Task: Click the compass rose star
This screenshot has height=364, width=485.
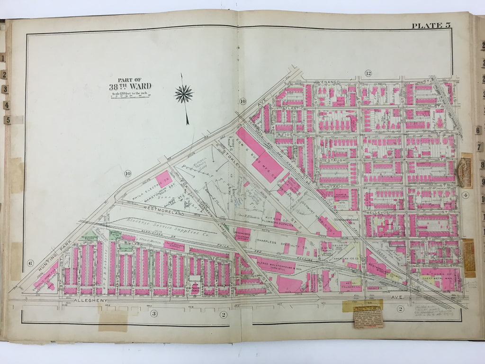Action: (x=183, y=94)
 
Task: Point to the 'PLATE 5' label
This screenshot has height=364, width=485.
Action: (x=431, y=26)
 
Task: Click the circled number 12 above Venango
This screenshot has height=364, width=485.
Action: (x=368, y=73)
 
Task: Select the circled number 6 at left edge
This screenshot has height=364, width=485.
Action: (x=29, y=263)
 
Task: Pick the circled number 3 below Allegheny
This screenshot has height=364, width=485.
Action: (x=154, y=314)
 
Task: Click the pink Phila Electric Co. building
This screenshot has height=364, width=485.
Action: (x=164, y=179)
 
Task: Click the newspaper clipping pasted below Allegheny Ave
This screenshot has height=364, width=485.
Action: (x=368, y=317)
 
